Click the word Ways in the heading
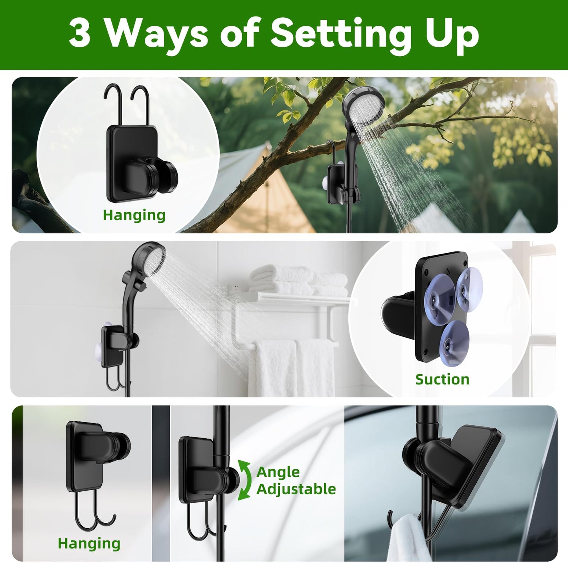tap(156, 35)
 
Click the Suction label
tap(442, 379)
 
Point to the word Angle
tap(278, 472)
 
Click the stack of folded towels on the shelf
tap(298, 280)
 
